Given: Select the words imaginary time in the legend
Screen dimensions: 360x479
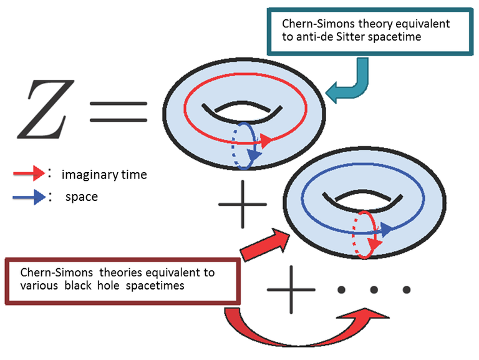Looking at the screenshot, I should click(x=104, y=175).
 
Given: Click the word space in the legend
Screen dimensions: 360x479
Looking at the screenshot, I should click(x=81, y=197).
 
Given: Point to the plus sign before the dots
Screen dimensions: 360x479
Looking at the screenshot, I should click(x=289, y=288).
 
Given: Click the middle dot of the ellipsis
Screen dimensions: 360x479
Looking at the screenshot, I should click(x=374, y=289).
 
